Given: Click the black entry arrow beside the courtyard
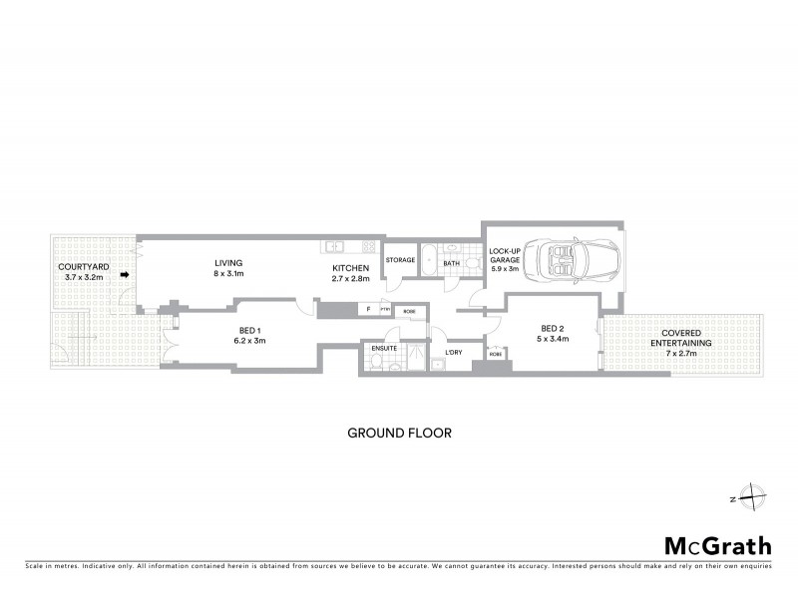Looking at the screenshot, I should [x=125, y=275].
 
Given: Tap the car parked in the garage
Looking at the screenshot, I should [x=578, y=261].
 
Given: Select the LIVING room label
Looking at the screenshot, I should [x=228, y=263].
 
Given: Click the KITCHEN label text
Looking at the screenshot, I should [x=352, y=268].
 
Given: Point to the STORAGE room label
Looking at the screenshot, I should [x=400, y=261].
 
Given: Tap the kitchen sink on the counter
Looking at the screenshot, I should [x=332, y=246].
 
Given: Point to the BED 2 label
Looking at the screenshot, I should [x=554, y=329].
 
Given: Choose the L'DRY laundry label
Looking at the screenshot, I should [x=453, y=354].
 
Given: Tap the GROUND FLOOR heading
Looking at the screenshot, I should [x=399, y=433].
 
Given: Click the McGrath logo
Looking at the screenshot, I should [x=718, y=545].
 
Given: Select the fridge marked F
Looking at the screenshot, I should [x=369, y=310].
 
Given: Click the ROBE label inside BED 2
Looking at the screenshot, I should [x=495, y=354].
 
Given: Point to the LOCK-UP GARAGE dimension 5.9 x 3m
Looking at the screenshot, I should [x=504, y=269].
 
